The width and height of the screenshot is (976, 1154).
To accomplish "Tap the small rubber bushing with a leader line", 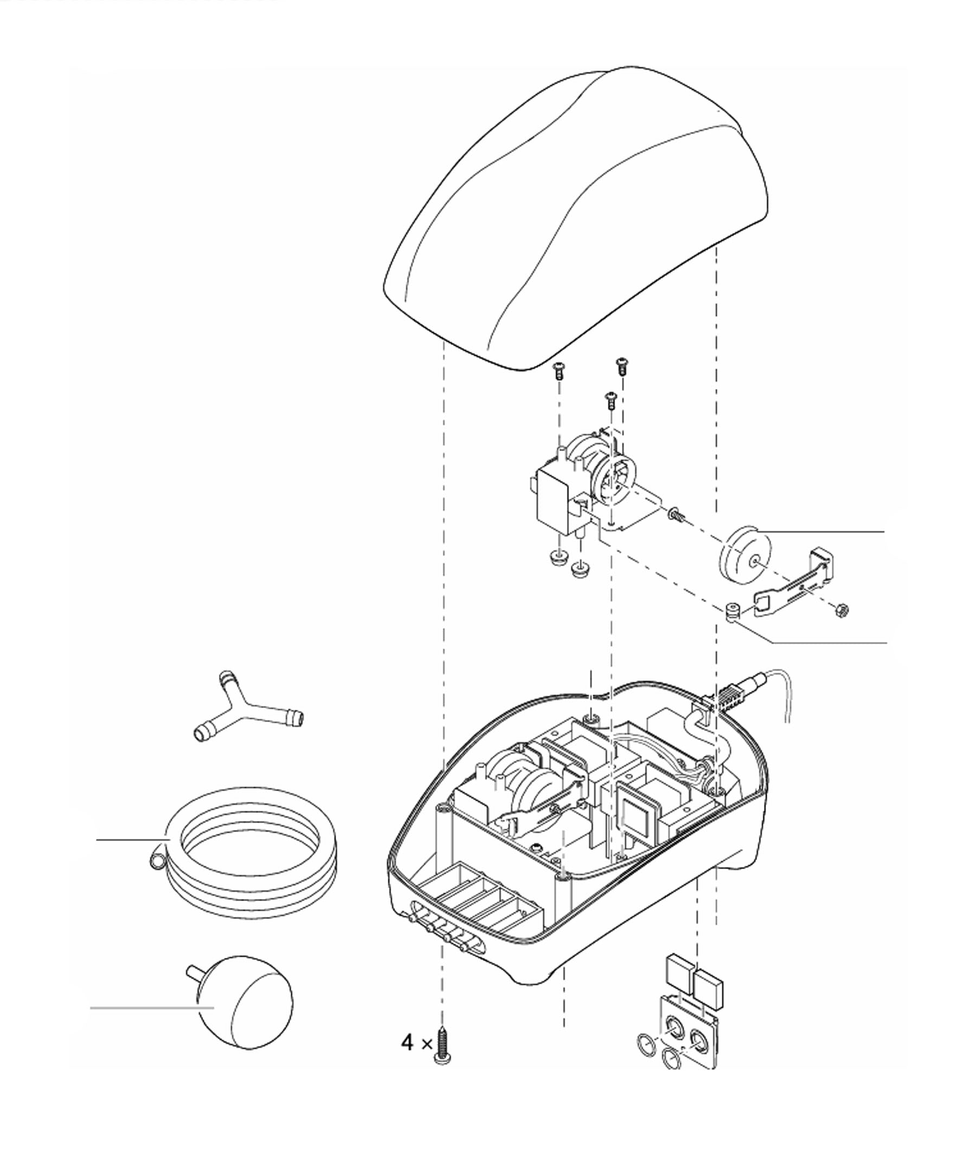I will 733,612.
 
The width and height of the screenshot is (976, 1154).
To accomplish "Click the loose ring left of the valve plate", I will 647,1042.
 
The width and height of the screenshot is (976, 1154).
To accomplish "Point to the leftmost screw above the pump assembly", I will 559,369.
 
